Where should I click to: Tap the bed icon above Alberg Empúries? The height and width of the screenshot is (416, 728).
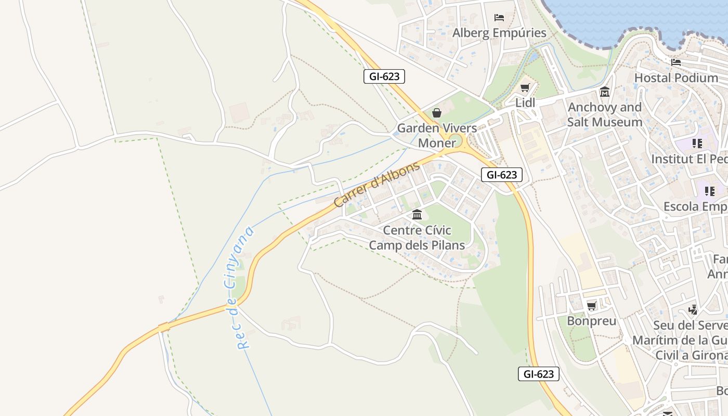499,18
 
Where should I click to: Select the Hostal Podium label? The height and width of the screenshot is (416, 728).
676,78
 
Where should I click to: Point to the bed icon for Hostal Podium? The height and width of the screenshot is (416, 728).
676,62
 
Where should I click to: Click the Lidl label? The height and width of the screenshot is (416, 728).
525,103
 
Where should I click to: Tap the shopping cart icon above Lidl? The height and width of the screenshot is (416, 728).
525,88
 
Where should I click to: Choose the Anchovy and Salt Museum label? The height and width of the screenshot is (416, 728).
605,114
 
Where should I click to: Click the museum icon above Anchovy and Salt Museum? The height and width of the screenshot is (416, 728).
605,92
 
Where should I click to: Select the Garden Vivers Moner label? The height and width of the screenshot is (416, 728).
437,135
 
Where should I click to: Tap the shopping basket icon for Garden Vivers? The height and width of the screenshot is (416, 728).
437,113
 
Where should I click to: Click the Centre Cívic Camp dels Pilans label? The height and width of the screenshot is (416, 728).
417,237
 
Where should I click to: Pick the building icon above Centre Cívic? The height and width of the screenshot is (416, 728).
417,214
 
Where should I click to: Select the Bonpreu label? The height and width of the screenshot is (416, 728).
591,321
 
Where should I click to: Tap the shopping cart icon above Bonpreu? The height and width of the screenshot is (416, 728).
591,306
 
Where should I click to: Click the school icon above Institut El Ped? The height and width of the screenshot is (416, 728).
697,144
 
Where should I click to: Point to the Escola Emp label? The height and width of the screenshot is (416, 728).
695,206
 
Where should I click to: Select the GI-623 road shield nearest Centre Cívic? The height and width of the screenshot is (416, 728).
501,175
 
